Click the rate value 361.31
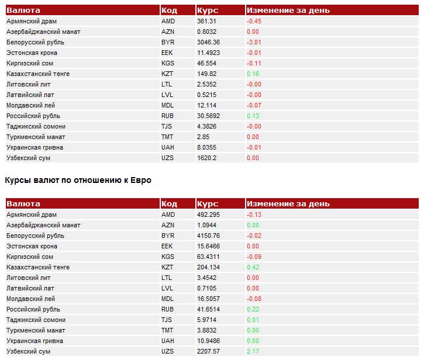[206, 21]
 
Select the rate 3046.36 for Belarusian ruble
[208, 42]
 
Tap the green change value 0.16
[253, 74]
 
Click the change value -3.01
[254, 42]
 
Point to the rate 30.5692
[208, 116]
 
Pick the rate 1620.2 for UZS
[207, 158]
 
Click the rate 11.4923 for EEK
[208, 53]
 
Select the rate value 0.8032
[207, 32]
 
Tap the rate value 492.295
[208, 214]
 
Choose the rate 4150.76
[208, 236]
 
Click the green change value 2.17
[253, 351]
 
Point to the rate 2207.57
[208, 351]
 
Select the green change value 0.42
[253, 267]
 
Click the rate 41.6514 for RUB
[208, 309]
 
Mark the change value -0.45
[254, 21]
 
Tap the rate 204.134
[208, 267]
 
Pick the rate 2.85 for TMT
[204, 137]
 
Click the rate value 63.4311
[208, 257]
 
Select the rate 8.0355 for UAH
[207, 148]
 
